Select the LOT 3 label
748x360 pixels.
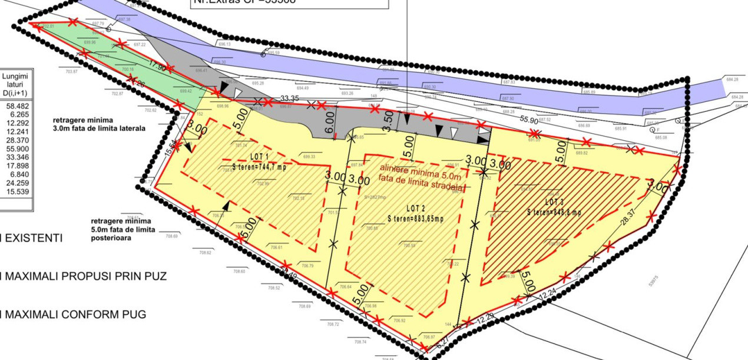(x=553, y=202)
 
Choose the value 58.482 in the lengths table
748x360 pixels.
(x=15, y=105)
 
